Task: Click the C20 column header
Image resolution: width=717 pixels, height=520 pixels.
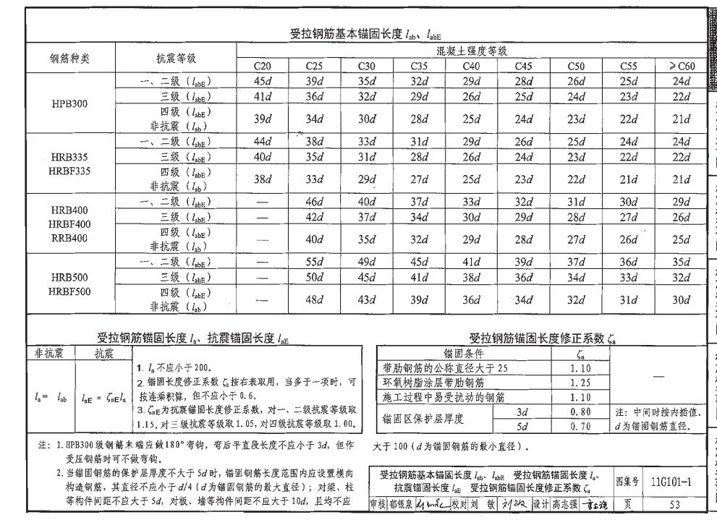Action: click(263, 67)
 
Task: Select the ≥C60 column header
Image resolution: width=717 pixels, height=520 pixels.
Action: click(681, 67)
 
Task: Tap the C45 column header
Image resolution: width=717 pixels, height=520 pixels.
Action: click(524, 67)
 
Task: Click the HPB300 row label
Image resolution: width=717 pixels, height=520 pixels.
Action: click(69, 103)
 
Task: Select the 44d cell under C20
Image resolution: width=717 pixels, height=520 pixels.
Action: click(263, 141)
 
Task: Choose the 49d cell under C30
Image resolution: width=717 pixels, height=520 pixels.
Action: click(367, 263)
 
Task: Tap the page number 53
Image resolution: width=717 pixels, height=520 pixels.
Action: click(674, 504)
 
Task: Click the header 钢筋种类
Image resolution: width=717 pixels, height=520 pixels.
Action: click(69, 58)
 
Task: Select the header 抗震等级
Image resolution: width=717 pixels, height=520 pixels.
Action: click(176, 58)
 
